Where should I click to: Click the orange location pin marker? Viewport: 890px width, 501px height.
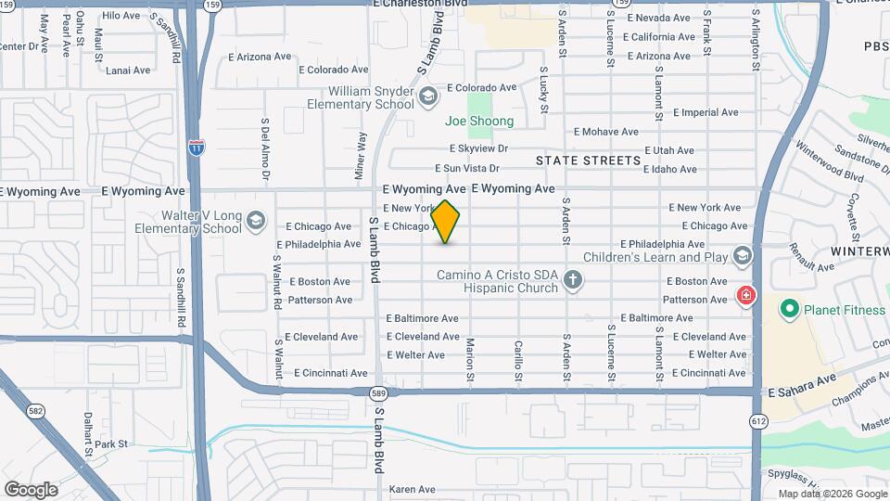[x=446, y=221]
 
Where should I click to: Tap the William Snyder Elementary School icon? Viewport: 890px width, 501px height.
[x=428, y=96]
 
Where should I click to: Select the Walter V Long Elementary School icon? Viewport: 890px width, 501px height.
[x=257, y=221]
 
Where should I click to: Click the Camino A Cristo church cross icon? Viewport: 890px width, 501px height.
[x=573, y=279]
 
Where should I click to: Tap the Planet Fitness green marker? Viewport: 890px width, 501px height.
[x=788, y=309]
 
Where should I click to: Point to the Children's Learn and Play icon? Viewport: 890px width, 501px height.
[x=741, y=255]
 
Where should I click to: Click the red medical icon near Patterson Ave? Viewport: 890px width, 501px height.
[x=744, y=297]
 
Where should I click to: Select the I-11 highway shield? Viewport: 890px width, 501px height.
[x=196, y=147]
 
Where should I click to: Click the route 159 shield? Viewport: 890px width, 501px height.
[x=212, y=5]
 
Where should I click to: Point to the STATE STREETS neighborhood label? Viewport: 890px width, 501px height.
[x=589, y=161]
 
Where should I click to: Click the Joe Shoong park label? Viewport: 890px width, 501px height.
[x=479, y=122]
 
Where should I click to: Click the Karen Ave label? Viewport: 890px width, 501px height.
[x=413, y=489]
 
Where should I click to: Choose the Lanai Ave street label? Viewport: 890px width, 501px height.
[x=128, y=71]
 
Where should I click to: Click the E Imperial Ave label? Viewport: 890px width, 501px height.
[x=706, y=112]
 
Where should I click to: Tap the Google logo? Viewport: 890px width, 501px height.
[x=31, y=489]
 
